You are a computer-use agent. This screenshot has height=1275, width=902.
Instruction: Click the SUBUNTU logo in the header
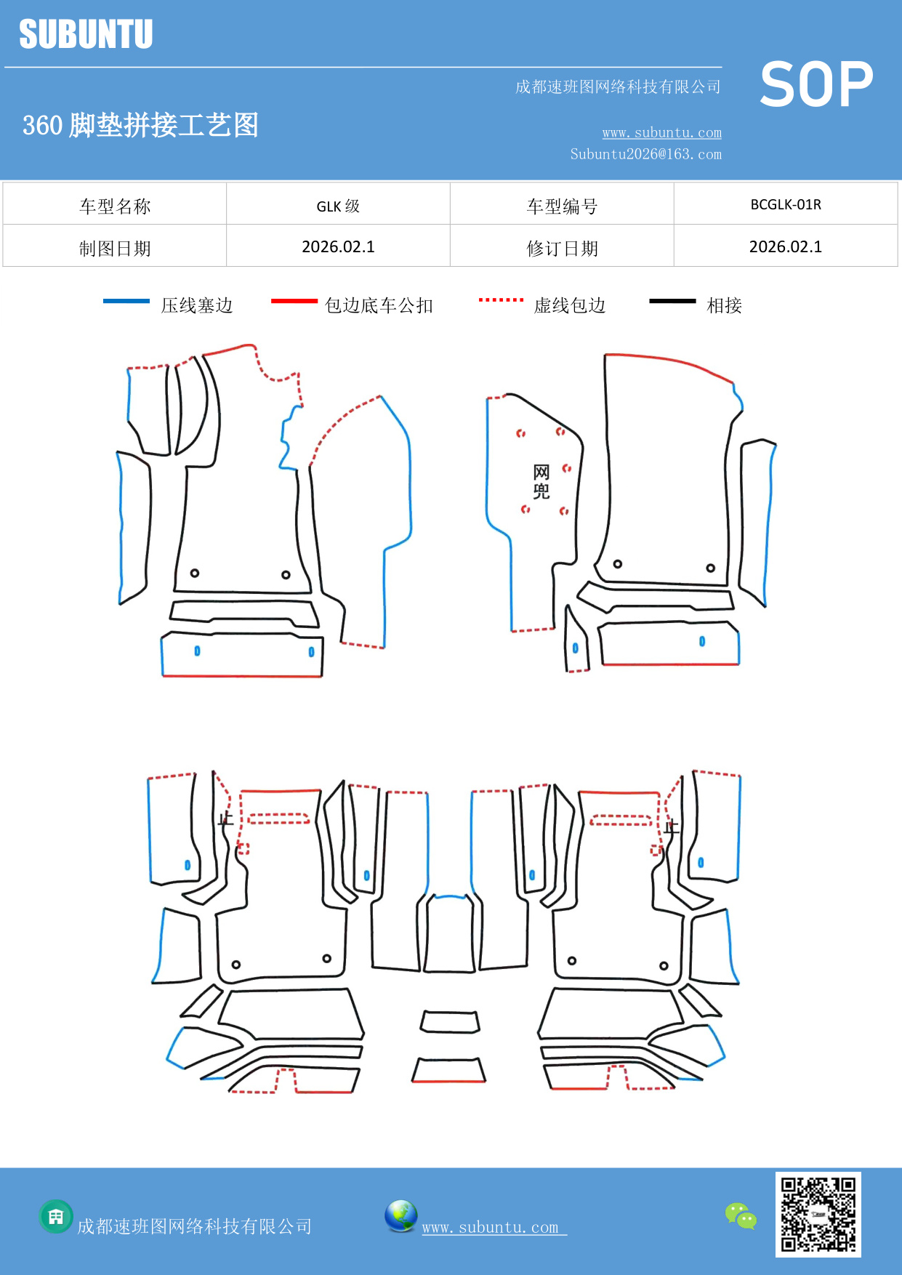pos(86,34)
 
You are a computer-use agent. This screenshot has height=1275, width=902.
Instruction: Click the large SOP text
pos(816,85)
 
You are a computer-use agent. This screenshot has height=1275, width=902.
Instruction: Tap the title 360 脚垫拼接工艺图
pos(140,125)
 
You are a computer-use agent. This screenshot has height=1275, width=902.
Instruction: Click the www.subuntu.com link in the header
pos(661,132)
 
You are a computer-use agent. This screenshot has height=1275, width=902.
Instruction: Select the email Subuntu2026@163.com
pos(645,154)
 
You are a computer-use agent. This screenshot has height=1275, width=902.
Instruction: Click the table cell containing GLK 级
pos(338,206)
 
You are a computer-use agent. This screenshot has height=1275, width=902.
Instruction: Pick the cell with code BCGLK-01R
pos(785,204)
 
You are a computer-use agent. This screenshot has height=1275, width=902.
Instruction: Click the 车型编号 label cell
pos(562,206)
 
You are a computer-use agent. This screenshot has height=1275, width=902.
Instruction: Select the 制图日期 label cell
pos(115,249)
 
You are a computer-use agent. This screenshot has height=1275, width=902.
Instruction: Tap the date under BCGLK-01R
pos(785,246)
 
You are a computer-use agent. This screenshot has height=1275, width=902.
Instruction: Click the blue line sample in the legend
pos(126,301)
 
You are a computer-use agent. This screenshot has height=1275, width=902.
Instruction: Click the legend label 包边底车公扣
pos(379,305)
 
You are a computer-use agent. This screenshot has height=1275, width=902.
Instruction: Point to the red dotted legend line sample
pos(501,299)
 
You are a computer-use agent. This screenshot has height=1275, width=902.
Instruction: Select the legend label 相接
pos(724,305)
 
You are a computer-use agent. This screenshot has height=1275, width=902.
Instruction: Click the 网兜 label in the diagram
pos(541,482)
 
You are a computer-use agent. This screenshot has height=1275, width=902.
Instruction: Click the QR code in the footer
pos(818,1215)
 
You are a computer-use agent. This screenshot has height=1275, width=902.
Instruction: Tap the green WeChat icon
pos(741,1215)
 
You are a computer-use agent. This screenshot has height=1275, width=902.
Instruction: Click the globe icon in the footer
pos(400,1216)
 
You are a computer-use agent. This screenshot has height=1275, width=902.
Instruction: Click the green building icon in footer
pos(56,1216)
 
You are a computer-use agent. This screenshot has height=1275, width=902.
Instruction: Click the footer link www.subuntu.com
pos(491,1227)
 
